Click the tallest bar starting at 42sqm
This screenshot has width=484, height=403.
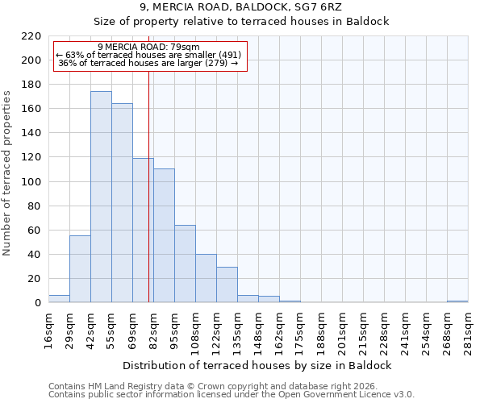click(x=101, y=197)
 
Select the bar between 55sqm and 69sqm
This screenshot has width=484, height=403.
click(x=122, y=203)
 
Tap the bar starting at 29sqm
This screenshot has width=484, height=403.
click(x=80, y=269)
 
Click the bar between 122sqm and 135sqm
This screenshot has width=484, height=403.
click(x=227, y=285)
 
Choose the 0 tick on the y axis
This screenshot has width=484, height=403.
click(x=37, y=303)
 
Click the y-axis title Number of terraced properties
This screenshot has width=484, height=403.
click(x=8, y=173)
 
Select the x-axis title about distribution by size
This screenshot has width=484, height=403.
click(x=258, y=365)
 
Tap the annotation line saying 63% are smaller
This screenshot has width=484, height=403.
click(x=148, y=55)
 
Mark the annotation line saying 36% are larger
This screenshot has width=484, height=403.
click(x=148, y=64)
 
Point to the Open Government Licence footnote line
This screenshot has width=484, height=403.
click(x=232, y=395)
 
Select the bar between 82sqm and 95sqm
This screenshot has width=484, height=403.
click(x=164, y=235)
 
